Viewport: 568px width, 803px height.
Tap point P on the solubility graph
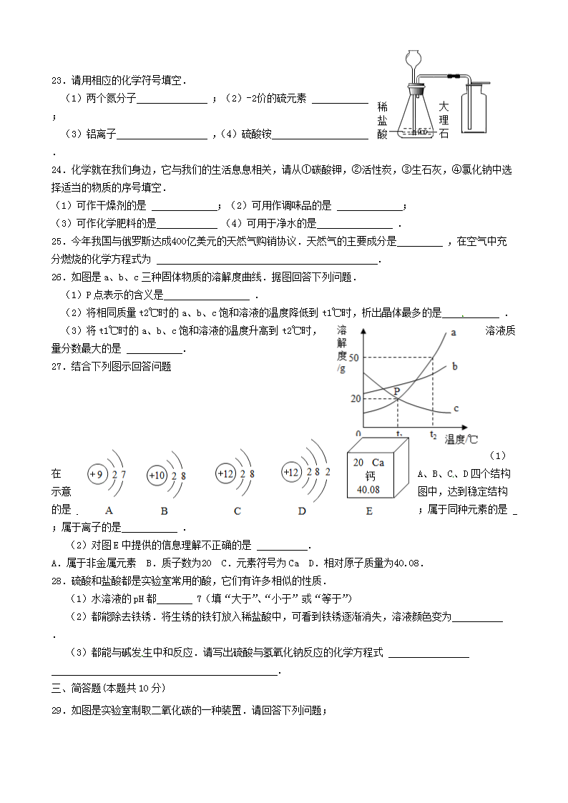[x=397, y=392]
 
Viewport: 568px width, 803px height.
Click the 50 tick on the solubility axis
[x=354, y=357]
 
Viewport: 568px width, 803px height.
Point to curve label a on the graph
[x=454, y=332]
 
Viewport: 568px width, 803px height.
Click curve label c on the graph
[x=456, y=409]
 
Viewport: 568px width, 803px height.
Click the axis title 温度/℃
[x=461, y=439]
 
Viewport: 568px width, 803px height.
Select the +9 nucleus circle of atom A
[x=96, y=473]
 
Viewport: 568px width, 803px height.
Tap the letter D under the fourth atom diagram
[x=302, y=511]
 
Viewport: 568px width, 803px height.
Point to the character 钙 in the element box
[x=370, y=476]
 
